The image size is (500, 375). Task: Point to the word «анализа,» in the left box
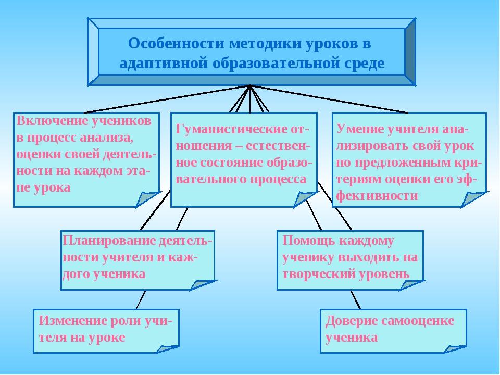tap(106, 137)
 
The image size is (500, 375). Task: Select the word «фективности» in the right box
tap(377, 195)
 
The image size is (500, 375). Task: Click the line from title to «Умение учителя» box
tap(329, 99)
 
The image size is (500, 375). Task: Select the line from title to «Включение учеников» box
tap(167, 99)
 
